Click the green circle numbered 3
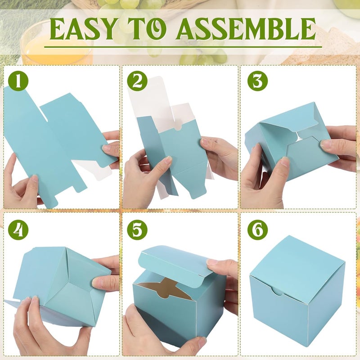[x=257, y=81]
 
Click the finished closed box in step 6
[x=297, y=288]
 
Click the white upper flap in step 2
[x=148, y=99]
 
